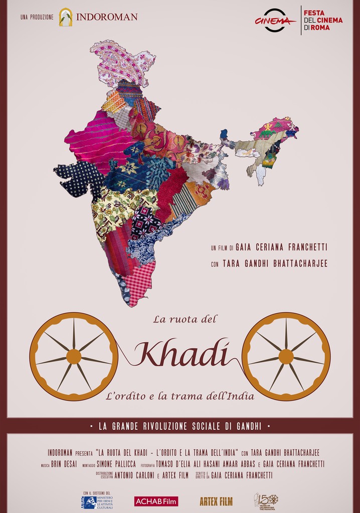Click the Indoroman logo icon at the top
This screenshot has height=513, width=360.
click(66, 17)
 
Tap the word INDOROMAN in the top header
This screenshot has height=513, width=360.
click(106, 17)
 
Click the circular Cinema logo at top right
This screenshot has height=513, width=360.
click(275, 21)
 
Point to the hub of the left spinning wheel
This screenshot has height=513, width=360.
click(74, 357)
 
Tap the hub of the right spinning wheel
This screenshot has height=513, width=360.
click(286, 357)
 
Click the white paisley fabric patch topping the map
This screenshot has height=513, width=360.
click(123, 63)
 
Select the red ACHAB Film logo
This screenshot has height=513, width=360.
click(156, 501)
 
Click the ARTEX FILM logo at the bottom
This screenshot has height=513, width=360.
click(216, 501)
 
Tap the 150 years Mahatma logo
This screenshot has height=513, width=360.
click(266, 501)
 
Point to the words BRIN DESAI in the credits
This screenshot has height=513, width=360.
click(64, 464)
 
